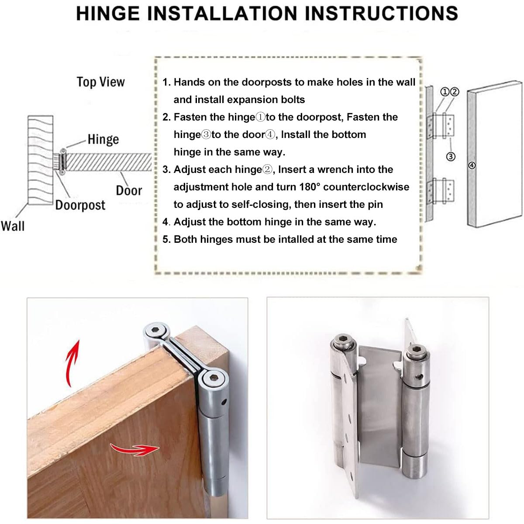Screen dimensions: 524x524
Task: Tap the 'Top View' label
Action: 100,82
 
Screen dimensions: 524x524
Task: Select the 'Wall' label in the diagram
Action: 13,226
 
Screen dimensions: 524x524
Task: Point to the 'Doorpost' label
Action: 80,205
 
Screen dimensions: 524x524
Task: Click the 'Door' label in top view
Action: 129,191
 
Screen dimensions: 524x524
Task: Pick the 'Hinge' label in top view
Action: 103,139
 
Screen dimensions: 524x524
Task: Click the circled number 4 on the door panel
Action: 472,165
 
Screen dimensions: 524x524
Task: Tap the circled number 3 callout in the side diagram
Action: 451,156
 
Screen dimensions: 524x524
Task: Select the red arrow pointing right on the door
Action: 133,449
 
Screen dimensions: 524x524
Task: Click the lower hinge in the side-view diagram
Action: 441,191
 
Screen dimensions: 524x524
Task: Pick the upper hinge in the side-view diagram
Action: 441,126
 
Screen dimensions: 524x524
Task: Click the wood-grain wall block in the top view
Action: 40,159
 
